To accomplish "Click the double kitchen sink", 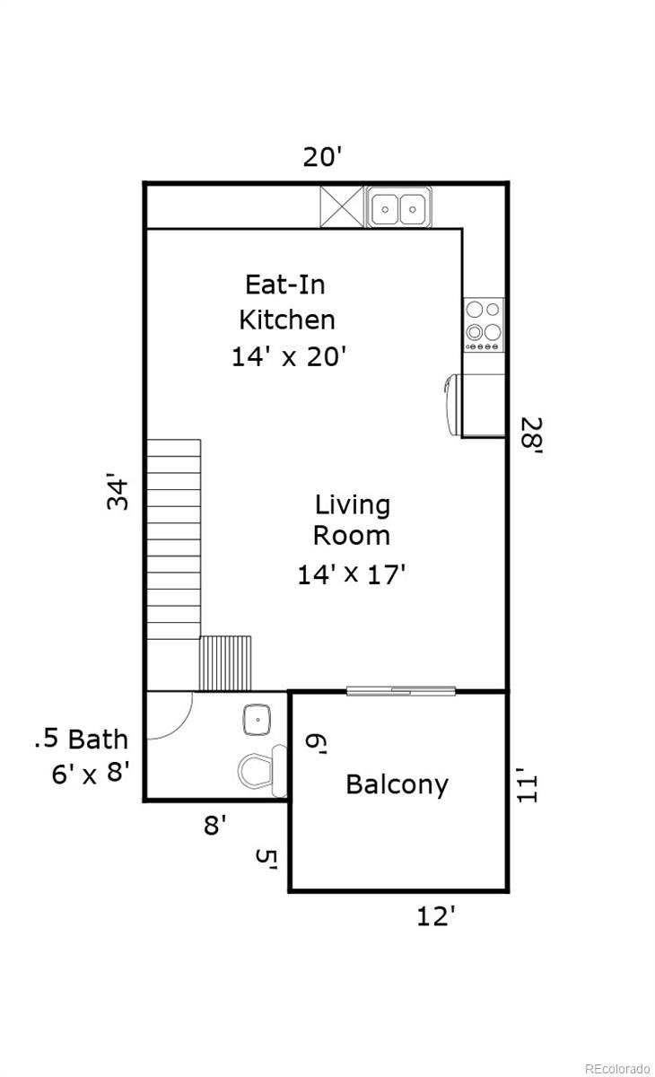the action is [399, 207].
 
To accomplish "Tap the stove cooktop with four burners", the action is [484, 325].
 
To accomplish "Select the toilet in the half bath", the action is [262, 770].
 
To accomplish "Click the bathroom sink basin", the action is [258, 720].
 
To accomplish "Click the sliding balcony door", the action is [401, 691].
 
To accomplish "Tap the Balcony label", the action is [397, 785].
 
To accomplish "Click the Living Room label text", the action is [352, 520].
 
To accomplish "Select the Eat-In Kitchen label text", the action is [286, 302].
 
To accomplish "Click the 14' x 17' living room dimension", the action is [352, 574].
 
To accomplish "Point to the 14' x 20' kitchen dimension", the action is [289, 357].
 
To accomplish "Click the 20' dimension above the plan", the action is [322, 157].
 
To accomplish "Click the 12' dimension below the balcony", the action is [435, 916].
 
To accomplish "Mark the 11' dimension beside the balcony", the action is [528, 784].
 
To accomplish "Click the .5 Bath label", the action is [82, 739].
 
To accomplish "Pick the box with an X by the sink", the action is [342, 206].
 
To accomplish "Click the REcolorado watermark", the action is [617, 1068].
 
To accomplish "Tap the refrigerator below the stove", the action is [476, 406].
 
